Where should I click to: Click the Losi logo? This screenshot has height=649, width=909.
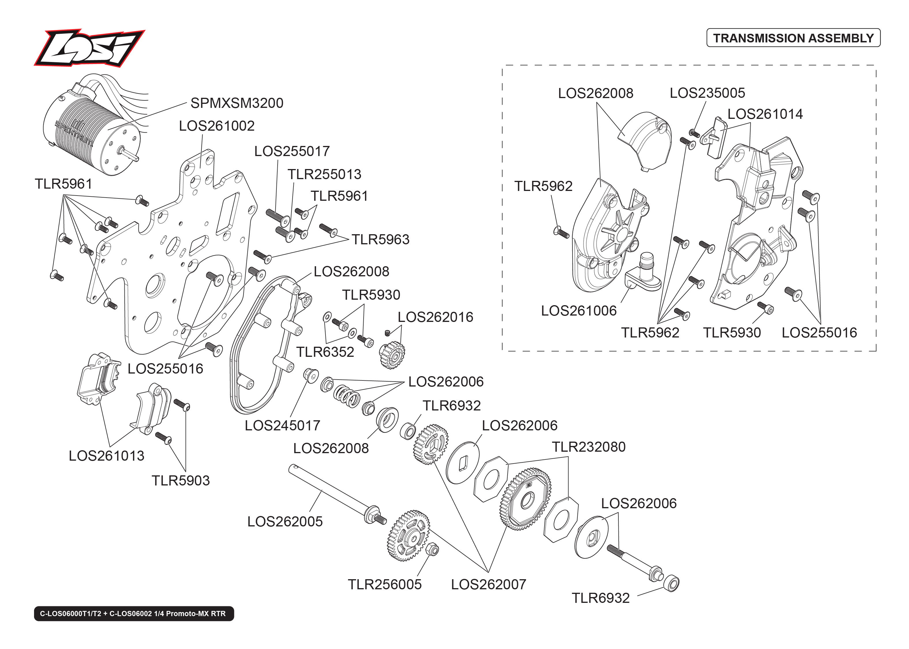[89, 48]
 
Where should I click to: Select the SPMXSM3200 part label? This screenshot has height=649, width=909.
[237, 103]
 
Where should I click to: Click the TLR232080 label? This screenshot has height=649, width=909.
[588, 447]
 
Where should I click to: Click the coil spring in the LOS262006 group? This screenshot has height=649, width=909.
[347, 396]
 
